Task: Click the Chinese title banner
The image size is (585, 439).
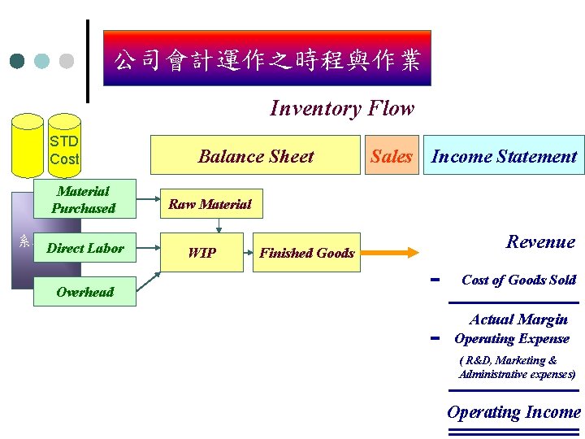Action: tap(266, 59)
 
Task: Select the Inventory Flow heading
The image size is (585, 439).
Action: tap(341, 108)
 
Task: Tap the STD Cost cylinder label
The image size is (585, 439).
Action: tap(63, 150)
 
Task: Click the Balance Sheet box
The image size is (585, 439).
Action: tap(256, 156)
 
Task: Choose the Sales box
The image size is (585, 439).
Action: tap(392, 156)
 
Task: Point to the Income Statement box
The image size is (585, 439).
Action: tap(504, 156)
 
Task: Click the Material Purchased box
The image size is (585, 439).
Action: tap(84, 199)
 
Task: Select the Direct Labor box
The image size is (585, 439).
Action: tap(84, 248)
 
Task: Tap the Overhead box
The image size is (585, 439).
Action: tap(84, 291)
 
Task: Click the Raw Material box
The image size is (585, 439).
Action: tap(210, 204)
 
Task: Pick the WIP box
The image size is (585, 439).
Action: tap(201, 253)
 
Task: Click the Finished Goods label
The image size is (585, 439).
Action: tap(306, 253)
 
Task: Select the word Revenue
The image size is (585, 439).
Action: tap(539, 241)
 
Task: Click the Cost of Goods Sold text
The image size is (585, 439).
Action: tap(518, 280)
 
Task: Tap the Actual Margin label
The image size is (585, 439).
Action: tap(518, 319)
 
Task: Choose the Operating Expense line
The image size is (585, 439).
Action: tap(512, 339)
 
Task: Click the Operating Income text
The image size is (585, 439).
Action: tap(513, 412)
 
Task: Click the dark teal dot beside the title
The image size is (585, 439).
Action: tap(17, 61)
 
